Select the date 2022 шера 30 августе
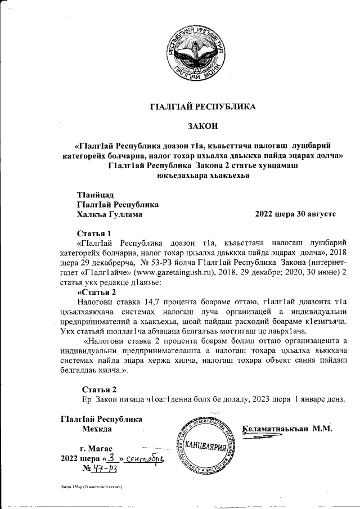click(x=295, y=214)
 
